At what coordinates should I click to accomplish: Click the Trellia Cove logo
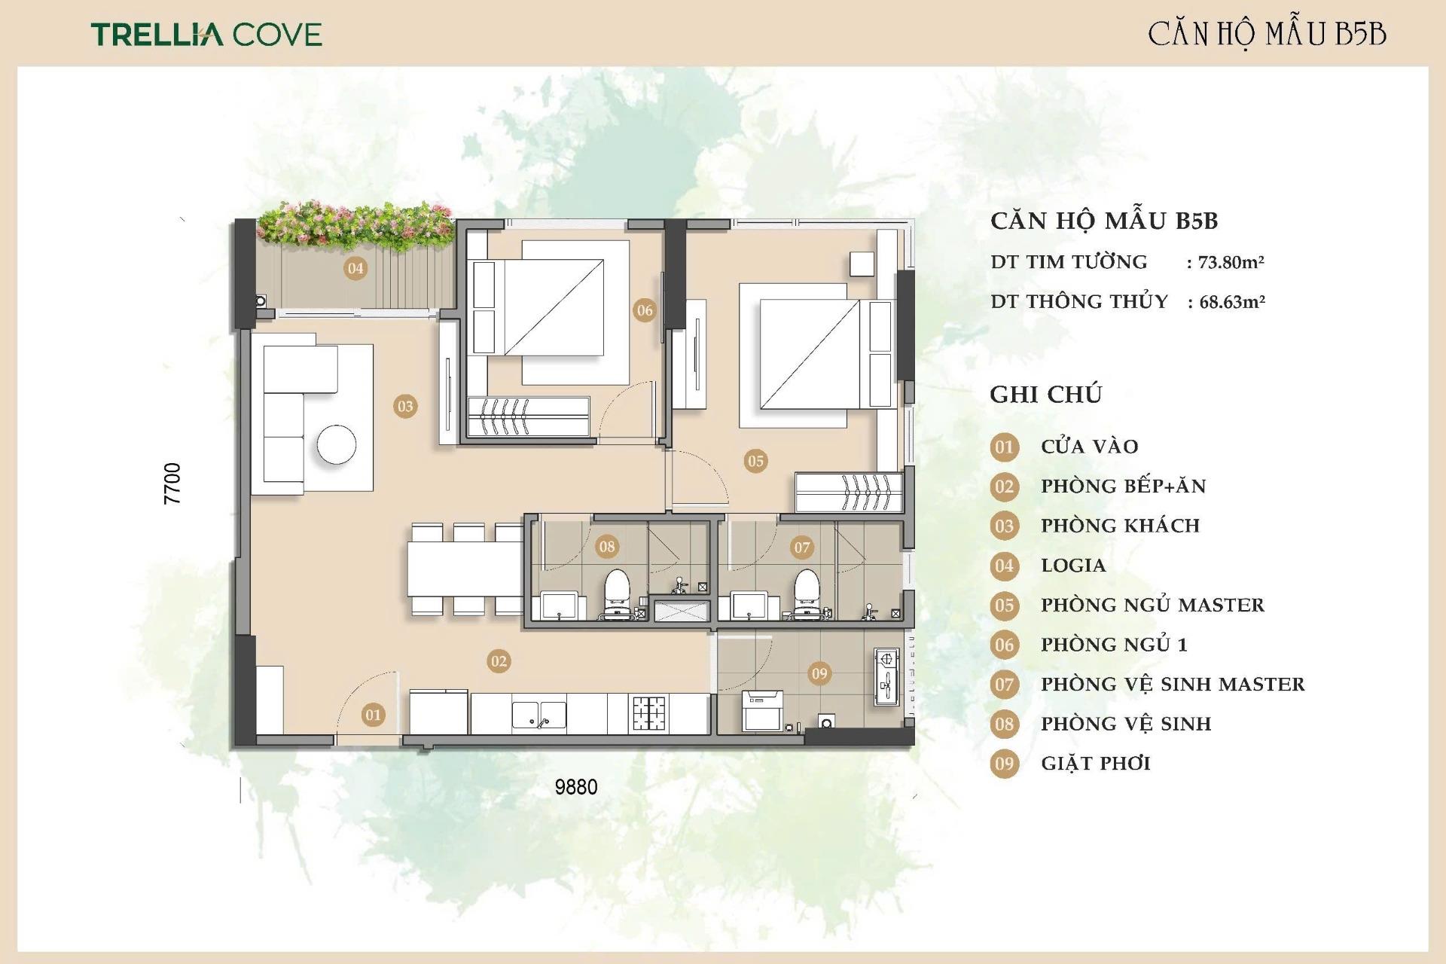[206, 34]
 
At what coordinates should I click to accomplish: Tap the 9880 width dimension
[576, 787]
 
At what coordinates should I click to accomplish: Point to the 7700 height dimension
[172, 484]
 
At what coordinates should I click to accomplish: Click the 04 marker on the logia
[355, 268]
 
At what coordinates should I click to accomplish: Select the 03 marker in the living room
[405, 407]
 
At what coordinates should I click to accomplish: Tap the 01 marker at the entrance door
[373, 715]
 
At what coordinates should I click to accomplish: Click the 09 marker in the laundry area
[819, 674]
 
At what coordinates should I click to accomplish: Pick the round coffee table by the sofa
[337, 445]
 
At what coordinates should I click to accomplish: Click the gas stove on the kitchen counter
[650, 713]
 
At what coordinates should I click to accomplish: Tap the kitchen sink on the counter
[539, 715]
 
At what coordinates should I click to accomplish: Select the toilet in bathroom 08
[618, 594]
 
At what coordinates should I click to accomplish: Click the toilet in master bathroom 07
[807, 594]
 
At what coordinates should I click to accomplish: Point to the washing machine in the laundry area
[762, 710]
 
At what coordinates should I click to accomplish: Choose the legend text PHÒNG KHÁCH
[1121, 526]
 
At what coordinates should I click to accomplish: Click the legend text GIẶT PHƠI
[1096, 764]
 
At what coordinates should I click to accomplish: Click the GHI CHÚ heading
[1046, 395]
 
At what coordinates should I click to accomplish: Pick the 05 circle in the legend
[1005, 606]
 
